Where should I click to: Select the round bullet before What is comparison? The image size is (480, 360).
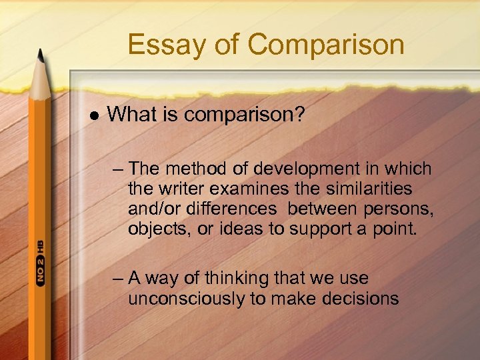click(93, 115)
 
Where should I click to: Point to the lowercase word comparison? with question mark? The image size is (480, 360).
click(244, 115)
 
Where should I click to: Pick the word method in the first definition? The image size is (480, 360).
click(194, 169)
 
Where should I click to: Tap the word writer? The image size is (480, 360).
click(181, 189)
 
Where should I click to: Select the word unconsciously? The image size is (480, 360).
click(187, 298)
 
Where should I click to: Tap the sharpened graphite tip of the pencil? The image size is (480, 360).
click(39, 52)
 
